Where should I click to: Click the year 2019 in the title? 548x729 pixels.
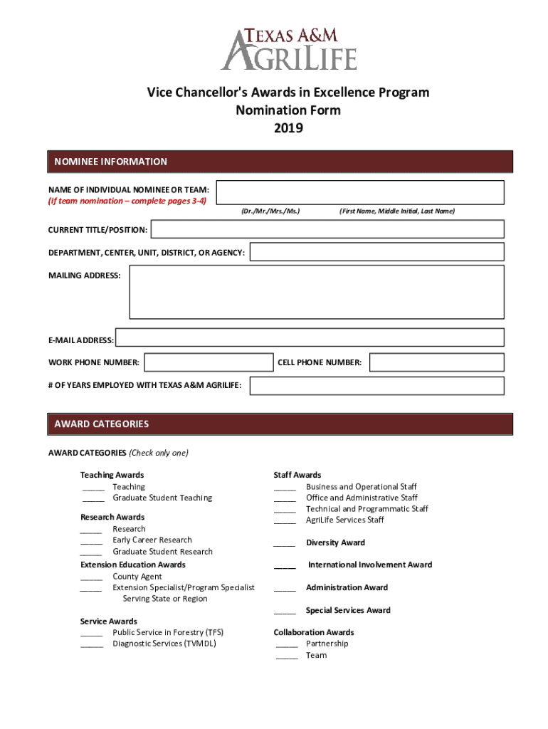[288, 128]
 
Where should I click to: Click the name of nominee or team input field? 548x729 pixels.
[360, 193]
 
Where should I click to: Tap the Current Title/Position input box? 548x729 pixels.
[327, 229]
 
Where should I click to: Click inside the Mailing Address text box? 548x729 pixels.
[316, 292]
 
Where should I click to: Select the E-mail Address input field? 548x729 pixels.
[310, 337]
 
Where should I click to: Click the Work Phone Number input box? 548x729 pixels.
[206, 362]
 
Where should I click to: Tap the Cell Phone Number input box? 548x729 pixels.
[437, 362]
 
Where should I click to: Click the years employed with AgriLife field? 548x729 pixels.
[376, 385]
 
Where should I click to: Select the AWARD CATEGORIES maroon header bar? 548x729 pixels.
[280, 424]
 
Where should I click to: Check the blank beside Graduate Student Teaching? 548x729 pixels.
[93, 498]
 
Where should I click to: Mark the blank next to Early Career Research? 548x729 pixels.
[91, 540]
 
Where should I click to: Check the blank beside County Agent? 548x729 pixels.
[91, 577]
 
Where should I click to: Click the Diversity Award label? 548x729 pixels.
[335, 542]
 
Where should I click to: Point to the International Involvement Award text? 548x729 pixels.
[370, 565]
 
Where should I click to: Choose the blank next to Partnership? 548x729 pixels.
[287, 644]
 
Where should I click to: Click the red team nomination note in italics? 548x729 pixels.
[127, 201]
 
